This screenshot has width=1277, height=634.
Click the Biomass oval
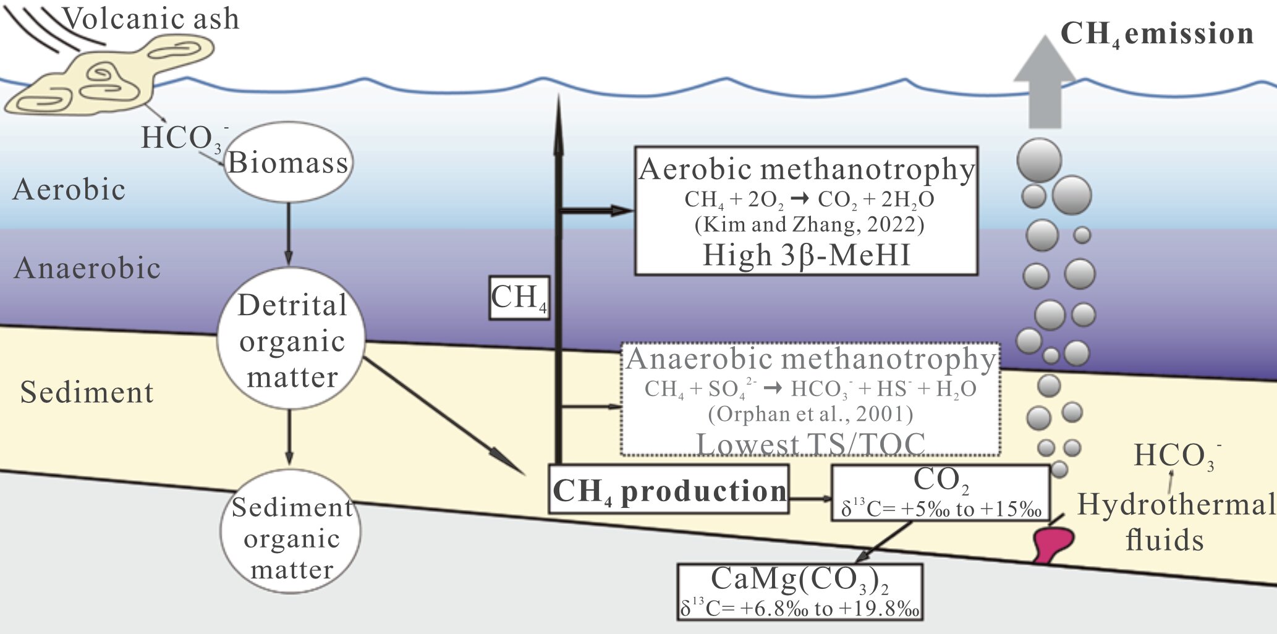click(288, 162)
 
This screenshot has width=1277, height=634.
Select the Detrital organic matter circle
click(291, 339)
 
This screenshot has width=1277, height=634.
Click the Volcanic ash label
click(151, 19)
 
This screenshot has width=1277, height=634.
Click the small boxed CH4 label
click(519, 297)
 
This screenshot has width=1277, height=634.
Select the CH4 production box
click(669, 490)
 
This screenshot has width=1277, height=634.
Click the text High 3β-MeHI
click(807, 255)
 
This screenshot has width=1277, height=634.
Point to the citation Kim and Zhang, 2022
click(809, 224)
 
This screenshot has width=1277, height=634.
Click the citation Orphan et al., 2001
click(810, 413)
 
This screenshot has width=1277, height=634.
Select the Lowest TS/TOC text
click(810, 443)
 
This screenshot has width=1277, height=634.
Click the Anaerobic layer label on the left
click(87, 268)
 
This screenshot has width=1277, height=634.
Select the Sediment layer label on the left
click(87, 392)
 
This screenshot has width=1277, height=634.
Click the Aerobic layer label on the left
click(69, 189)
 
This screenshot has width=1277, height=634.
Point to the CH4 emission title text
click(1156, 33)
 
